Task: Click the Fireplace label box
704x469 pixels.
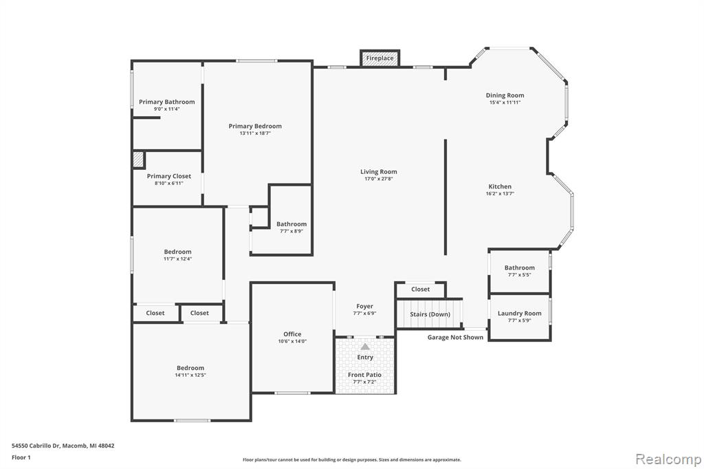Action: tap(379, 58)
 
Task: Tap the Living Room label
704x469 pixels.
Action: tap(379, 172)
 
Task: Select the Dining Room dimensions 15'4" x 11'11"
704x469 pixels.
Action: tap(505, 102)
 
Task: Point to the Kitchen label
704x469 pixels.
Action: tap(500, 186)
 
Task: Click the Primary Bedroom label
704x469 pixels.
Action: tap(255, 127)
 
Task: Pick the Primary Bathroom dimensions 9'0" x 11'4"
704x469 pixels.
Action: tap(166, 109)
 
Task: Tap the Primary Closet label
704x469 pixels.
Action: tap(169, 176)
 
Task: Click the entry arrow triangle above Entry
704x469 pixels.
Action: tap(365, 347)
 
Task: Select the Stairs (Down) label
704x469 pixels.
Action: tap(430, 314)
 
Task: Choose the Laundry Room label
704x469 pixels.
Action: tap(520, 313)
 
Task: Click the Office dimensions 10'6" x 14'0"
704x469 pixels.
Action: tap(292, 341)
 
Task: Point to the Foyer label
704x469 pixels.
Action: tap(364, 307)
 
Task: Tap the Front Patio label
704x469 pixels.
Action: tap(364, 375)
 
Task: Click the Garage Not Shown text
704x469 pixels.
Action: tap(455, 338)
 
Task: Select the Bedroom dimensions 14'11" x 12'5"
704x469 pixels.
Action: tap(190, 375)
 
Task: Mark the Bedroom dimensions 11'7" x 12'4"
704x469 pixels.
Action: tap(178, 259)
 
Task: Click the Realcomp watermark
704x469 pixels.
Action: tap(668, 459)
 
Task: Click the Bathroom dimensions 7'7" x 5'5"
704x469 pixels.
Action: tap(520, 275)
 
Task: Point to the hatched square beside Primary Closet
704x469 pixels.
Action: tap(138, 160)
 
